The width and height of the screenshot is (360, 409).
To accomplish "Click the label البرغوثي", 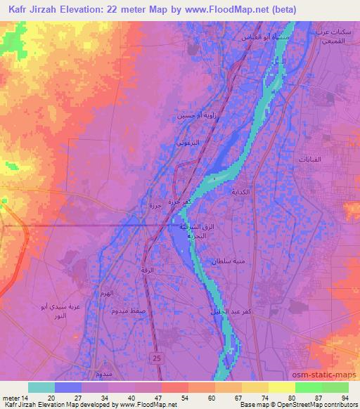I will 188,142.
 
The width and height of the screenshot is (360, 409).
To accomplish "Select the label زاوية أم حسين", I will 191,115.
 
